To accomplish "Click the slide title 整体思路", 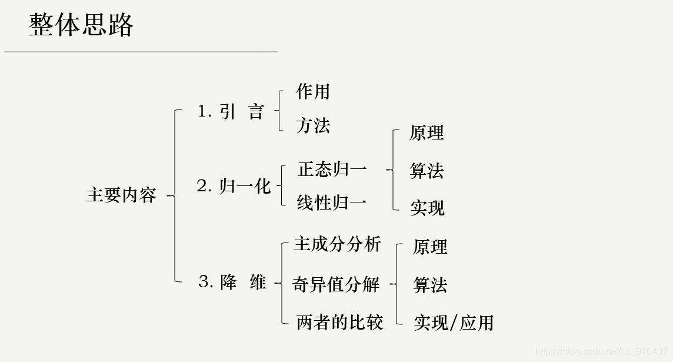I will click(81, 25).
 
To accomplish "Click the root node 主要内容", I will click(121, 195).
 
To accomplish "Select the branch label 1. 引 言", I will click(231, 111).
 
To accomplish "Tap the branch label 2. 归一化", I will click(233, 186).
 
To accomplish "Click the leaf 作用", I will click(313, 92).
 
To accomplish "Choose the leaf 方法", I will click(313, 125).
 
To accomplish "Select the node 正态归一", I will click(332, 170).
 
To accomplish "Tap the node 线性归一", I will click(332, 203).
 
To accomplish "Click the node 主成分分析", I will click(338, 244).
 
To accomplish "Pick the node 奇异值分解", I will click(336, 284).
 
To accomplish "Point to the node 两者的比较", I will click(340, 322).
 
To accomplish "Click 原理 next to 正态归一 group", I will click(427, 133).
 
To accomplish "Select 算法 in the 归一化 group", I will click(427, 171).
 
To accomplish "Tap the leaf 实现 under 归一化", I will click(427, 208).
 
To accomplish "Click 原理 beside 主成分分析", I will click(430, 247).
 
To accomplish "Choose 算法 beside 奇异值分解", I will click(430, 285).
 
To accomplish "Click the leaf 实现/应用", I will click(454, 323).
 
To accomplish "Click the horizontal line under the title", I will click(141, 52).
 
